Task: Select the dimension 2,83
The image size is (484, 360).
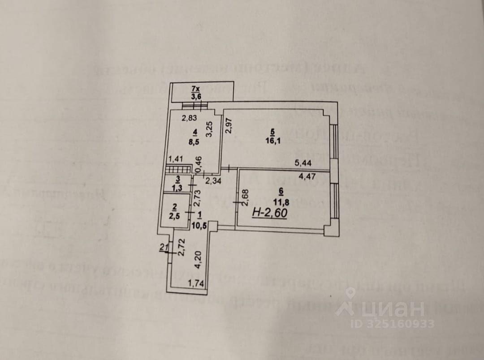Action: pos(189,119)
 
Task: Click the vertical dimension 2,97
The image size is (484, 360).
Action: pos(228,124)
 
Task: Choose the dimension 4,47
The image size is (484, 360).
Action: pos(307,176)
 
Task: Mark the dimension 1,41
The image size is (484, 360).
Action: pos(176,158)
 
